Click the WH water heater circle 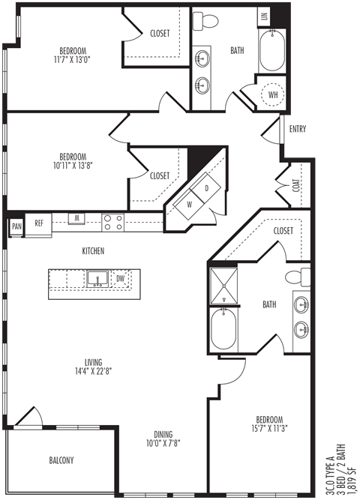[272, 94]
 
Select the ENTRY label [298, 129]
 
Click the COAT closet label [296, 185]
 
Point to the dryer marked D [207, 188]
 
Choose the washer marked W [190, 205]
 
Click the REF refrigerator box [38, 225]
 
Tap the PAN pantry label [17, 226]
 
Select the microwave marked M [76, 219]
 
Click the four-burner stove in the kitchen [113, 222]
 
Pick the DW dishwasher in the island [120, 279]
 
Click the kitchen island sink [97, 279]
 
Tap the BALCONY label [61, 460]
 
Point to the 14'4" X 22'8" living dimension [93, 371]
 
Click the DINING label [163, 434]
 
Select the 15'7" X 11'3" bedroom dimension [269, 428]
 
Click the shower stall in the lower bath [223, 286]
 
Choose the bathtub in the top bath [272, 50]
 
